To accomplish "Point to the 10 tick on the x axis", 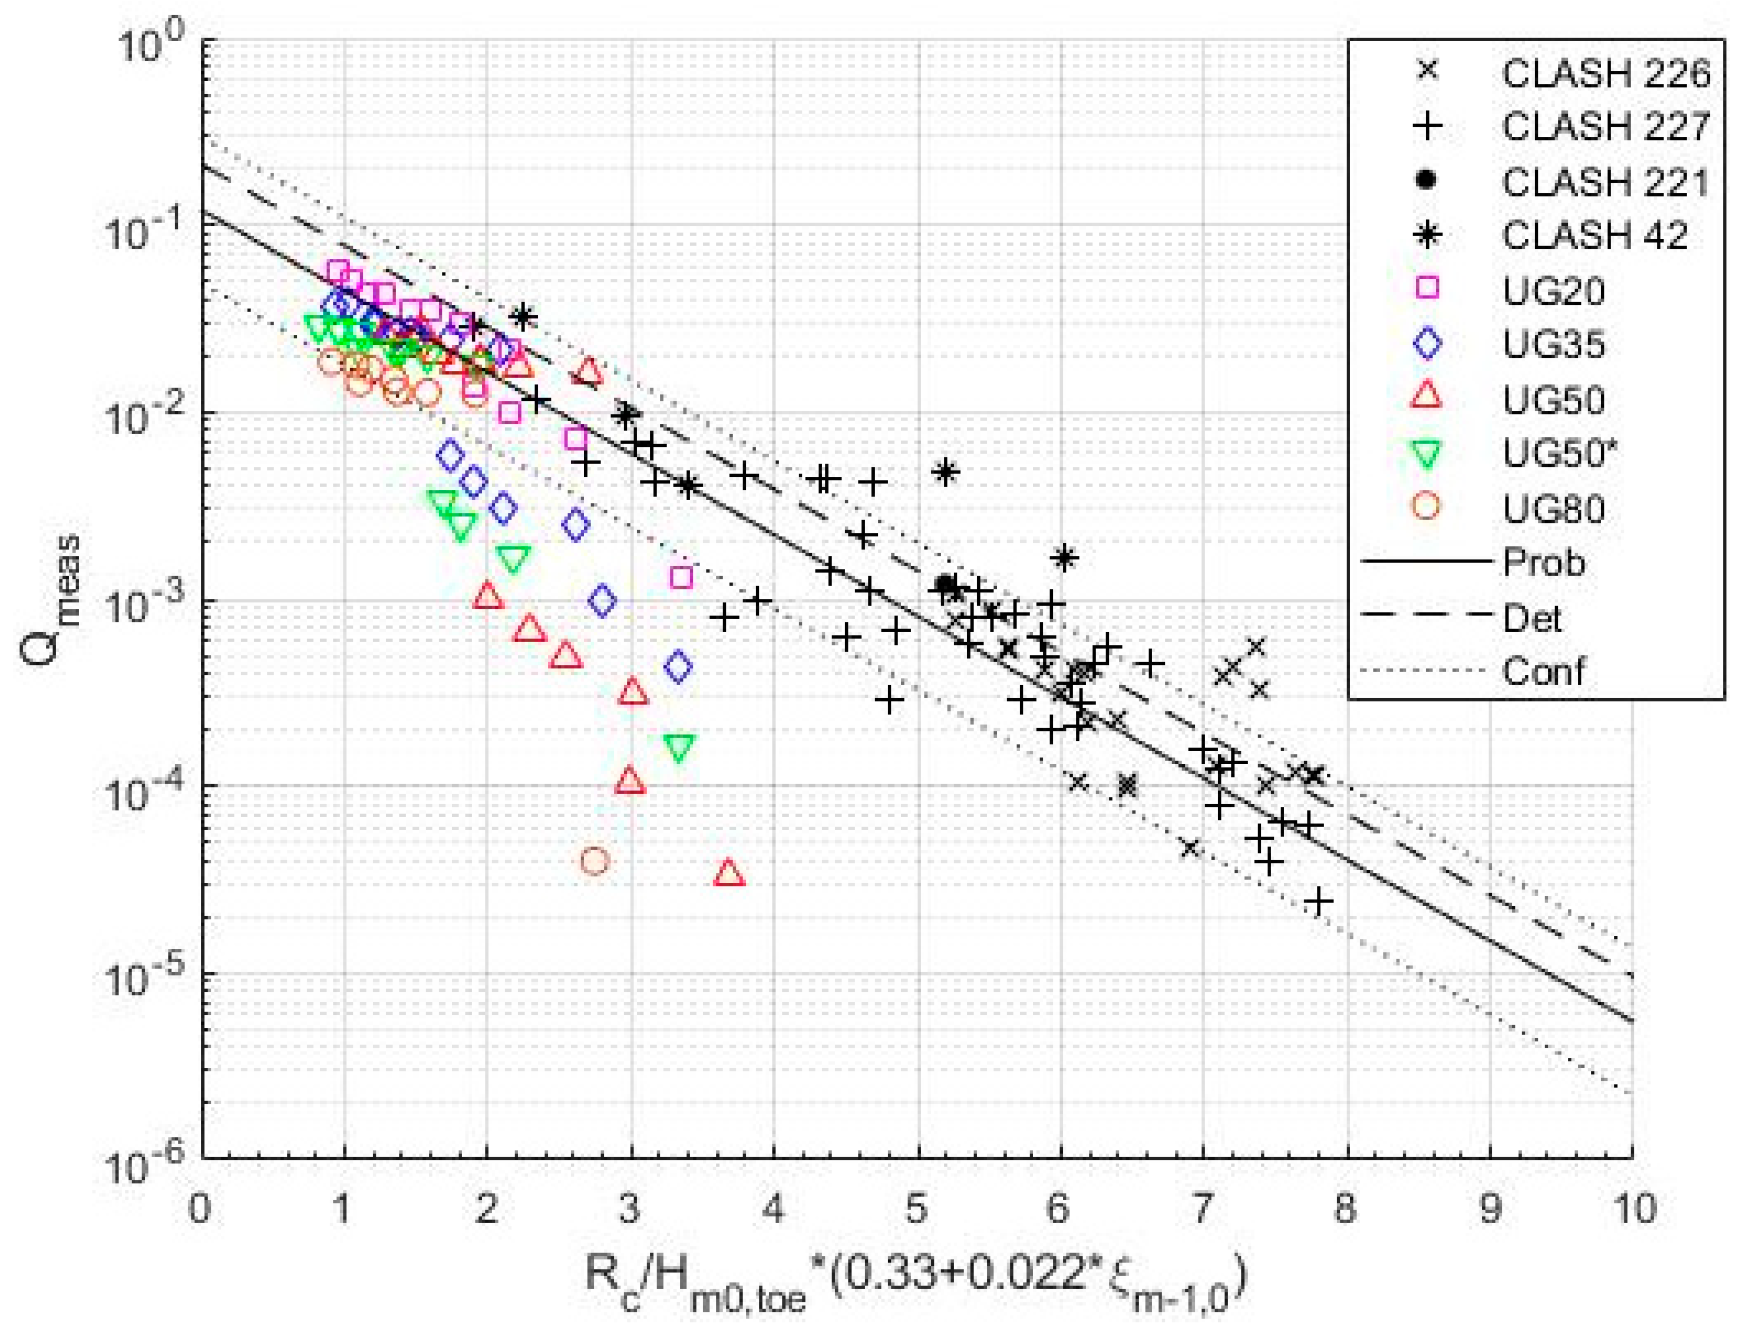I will pos(1632,1208).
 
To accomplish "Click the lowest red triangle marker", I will pos(728,873).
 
